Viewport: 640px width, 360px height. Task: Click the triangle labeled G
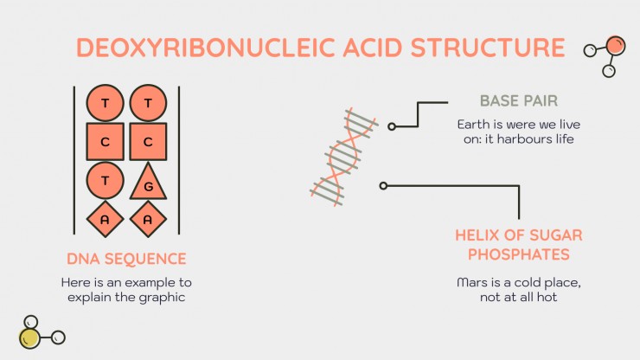pyautogui.click(x=148, y=183)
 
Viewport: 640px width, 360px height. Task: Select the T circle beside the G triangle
pyautogui.click(x=105, y=181)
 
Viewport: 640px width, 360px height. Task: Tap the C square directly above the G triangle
pyautogui.click(x=148, y=142)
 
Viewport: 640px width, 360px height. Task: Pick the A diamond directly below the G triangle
pyautogui.click(x=148, y=220)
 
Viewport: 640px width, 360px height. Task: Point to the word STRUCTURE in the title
pyautogui.click(x=488, y=48)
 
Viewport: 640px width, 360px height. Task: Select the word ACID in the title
pyautogui.click(x=373, y=48)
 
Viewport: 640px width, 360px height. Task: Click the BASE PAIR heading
pyautogui.click(x=519, y=101)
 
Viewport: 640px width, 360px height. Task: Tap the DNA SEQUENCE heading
pyautogui.click(x=126, y=259)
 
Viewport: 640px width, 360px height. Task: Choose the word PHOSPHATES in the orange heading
pyautogui.click(x=519, y=254)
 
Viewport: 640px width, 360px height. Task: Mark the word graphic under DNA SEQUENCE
pyautogui.click(x=162, y=298)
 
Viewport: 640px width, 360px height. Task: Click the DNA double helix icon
pyautogui.click(x=343, y=157)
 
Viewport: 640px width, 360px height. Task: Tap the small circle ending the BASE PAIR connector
pyautogui.click(x=392, y=126)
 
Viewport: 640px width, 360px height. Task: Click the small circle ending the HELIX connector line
pyautogui.click(x=383, y=186)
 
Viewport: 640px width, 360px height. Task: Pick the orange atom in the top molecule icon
pyautogui.click(x=616, y=45)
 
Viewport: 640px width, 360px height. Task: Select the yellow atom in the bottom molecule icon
pyautogui.click(x=29, y=338)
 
